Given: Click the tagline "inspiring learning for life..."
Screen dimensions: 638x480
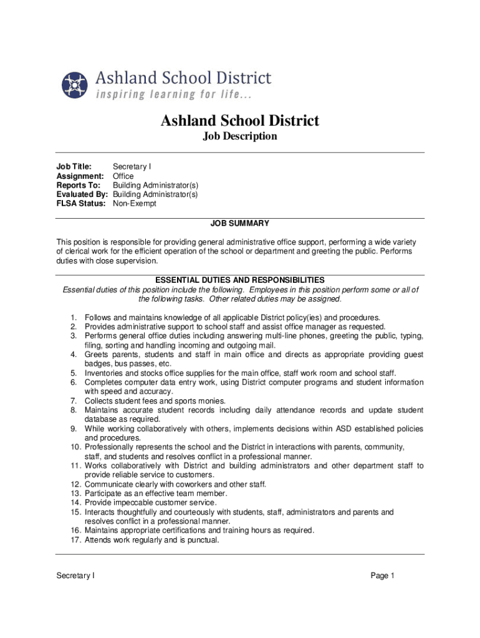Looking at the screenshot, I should pos(174,95).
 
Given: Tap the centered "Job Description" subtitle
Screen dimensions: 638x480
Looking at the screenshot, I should pos(240,136).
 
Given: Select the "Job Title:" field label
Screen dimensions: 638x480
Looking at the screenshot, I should pos(74,166).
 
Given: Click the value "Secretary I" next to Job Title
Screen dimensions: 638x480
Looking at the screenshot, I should pos(132,166).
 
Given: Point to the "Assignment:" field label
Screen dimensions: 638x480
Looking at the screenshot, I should pos(80,176).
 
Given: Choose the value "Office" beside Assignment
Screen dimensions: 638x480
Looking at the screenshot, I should pos(123,176).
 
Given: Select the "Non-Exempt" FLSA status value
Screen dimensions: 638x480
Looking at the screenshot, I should pos(135,204).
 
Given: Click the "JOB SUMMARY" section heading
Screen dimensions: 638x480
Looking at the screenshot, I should pos(239,223).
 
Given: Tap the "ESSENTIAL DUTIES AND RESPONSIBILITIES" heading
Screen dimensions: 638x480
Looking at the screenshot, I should pos(239,280).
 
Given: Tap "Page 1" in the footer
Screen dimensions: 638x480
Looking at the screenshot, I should pos(383,576).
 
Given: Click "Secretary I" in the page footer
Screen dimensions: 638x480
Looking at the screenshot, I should pos(75,576).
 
